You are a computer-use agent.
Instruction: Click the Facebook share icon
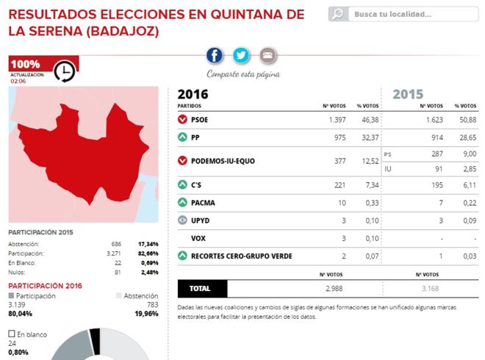pyautogui.click(x=215, y=55)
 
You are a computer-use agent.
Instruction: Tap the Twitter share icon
pyautogui.click(x=241, y=55)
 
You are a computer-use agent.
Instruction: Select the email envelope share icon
pyautogui.click(x=267, y=55)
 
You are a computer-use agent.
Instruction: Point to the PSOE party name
pyautogui.click(x=200, y=119)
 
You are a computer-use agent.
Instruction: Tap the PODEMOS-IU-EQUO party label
pyautogui.click(x=223, y=161)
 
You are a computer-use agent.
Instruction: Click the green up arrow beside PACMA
pyautogui.click(x=182, y=202)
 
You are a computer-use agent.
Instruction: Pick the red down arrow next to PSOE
pyautogui.click(x=182, y=119)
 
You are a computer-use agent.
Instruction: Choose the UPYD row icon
pyautogui.click(x=182, y=220)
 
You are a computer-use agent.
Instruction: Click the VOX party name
pyautogui.click(x=198, y=238)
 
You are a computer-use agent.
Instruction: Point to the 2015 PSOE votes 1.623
pyautogui.click(x=432, y=119)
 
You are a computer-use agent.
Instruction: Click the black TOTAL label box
pyautogui.click(x=202, y=289)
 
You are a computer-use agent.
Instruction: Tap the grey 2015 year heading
pyautogui.click(x=408, y=94)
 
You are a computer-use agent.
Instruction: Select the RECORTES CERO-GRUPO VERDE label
pyautogui.click(x=241, y=256)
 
